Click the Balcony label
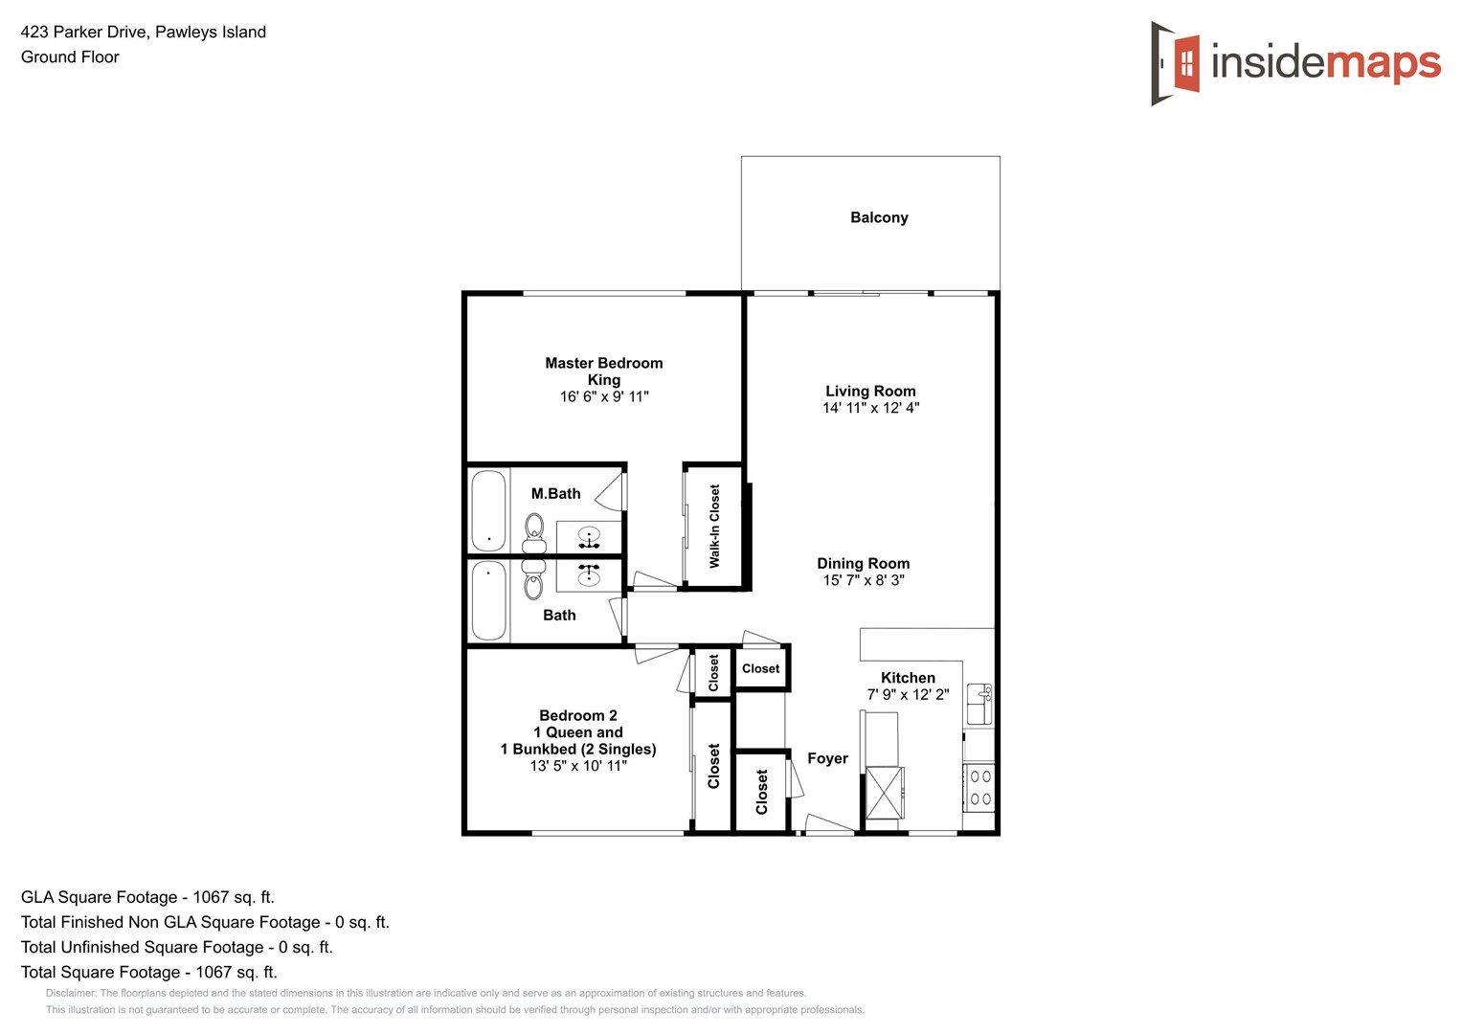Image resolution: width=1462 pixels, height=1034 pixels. (x=878, y=217)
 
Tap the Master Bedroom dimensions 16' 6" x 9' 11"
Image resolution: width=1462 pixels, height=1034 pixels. (x=603, y=396)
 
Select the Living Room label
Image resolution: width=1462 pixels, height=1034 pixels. (x=870, y=391)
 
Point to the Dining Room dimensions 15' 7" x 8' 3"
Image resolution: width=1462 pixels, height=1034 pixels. (x=863, y=580)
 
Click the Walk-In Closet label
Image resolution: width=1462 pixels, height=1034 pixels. (x=714, y=526)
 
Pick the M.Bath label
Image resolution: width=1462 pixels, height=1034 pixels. (x=555, y=494)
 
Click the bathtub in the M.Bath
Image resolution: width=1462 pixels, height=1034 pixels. (x=488, y=510)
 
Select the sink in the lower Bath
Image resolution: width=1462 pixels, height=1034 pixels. (x=589, y=574)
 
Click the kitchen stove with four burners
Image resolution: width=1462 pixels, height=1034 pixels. (x=979, y=788)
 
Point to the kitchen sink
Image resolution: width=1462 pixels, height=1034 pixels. (x=978, y=704)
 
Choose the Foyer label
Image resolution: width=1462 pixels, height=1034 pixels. (x=827, y=758)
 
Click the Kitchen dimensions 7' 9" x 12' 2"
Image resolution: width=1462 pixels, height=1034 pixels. (x=908, y=694)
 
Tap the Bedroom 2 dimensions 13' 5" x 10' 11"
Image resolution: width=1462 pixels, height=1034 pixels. (x=578, y=766)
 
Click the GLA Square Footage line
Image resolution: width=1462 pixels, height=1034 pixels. (x=147, y=897)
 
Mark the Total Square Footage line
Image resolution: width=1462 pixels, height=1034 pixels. (x=148, y=972)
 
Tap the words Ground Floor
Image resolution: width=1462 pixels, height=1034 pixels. (x=70, y=56)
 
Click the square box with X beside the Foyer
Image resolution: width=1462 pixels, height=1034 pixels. (x=884, y=793)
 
